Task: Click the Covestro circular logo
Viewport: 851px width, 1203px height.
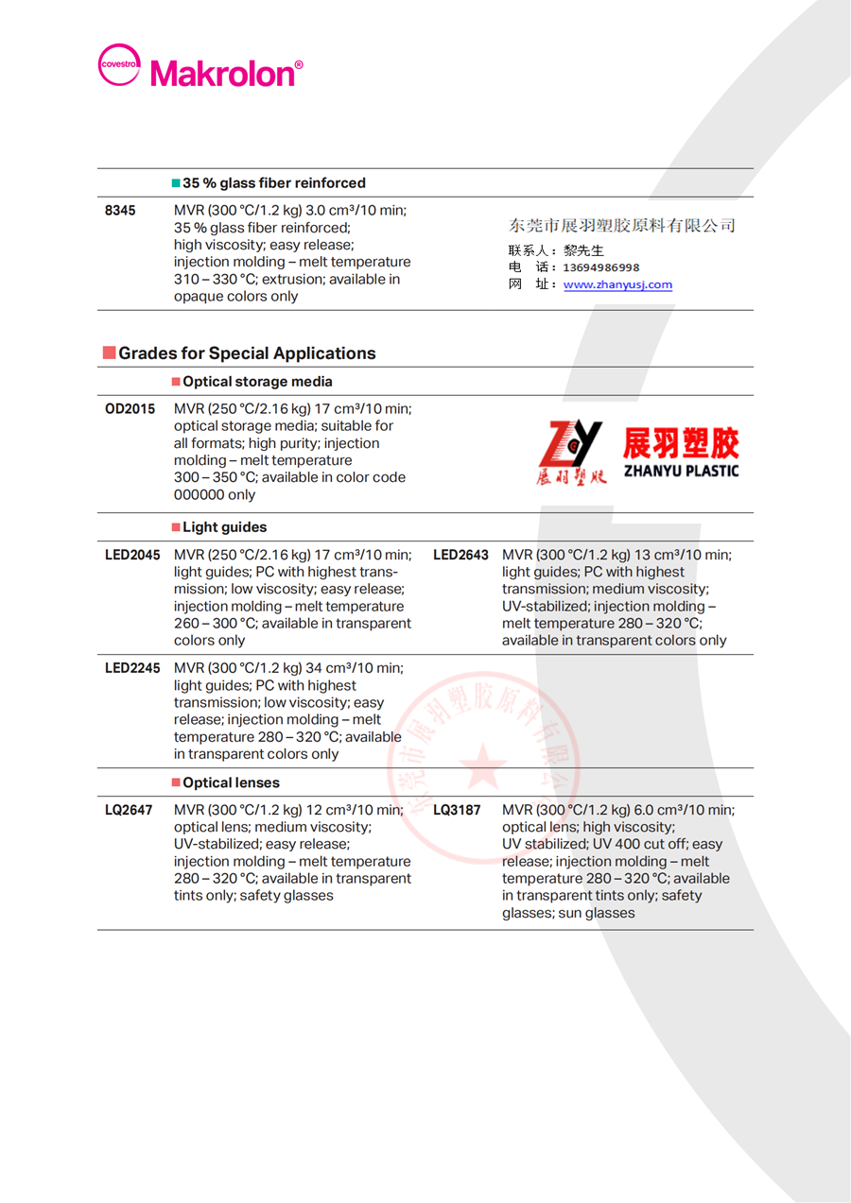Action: coord(119,65)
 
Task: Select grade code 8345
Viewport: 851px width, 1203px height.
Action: coord(120,211)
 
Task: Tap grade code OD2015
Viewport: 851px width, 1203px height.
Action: coord(130,409)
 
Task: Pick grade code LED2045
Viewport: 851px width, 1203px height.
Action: coord(132,555)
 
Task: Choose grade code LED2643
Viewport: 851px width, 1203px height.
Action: coord(460,555)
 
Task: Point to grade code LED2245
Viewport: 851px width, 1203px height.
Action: coord(132,668)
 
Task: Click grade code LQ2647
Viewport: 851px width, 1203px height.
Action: coord(128,810)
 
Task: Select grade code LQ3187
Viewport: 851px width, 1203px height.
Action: coord(457,810)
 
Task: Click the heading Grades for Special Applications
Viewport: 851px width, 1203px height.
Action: coord(247,353)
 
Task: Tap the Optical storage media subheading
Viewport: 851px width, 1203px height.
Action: coord(257,382)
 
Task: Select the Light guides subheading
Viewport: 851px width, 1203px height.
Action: coord(225,527)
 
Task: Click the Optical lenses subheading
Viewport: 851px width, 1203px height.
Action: coord(232,782)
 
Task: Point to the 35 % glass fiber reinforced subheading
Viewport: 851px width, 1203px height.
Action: coord(274,183)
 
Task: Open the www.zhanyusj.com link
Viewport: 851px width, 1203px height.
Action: coord(617,284)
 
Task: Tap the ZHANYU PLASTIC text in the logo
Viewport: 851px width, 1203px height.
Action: coord(681,470)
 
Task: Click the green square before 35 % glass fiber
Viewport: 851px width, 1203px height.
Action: coord(176,183)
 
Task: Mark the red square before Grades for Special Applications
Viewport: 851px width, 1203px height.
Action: coord(109,353)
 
